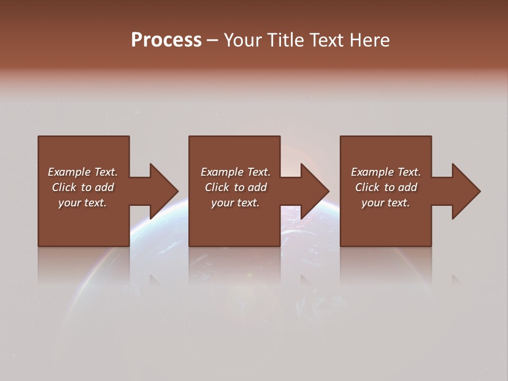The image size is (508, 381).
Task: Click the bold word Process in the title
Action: (x=166, y=40)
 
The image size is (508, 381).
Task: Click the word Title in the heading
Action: (x=283, y=40)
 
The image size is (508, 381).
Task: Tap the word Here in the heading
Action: (x=369, y=40)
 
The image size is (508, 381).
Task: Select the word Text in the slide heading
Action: (x=327, y=40)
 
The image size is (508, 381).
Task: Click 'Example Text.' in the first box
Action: (x=83, y=172)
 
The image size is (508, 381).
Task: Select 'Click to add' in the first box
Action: (x=83, y=187)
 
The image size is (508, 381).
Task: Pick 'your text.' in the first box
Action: (x=83, y=203)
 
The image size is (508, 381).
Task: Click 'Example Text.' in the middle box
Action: (x=235, y=172)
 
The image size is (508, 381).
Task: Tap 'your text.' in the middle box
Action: (x=235, y=203)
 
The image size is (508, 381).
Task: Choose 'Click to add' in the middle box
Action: (x=235, y=187)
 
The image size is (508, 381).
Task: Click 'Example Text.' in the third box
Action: (x=386, y=172)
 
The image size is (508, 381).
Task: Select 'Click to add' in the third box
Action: (x=386, y=187)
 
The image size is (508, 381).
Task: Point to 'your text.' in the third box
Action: (x=386, y=203)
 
